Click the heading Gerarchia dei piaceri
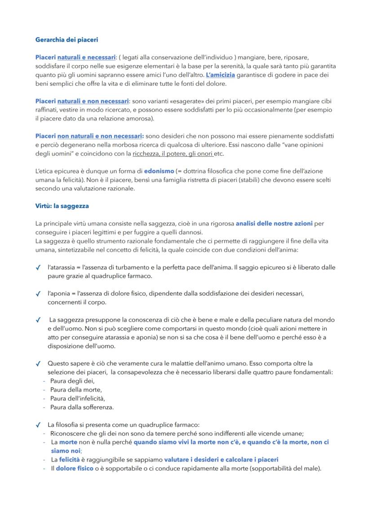(66, 40)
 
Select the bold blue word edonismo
(159, 171)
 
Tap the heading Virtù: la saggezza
(62, 206)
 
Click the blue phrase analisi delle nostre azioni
(274, 223)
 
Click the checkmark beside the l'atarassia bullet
(38, 267)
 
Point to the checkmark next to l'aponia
(38, 294)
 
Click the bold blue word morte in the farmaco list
(68, 442)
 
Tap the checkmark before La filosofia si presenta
(38, 424)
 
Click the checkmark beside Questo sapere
(38, 363)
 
